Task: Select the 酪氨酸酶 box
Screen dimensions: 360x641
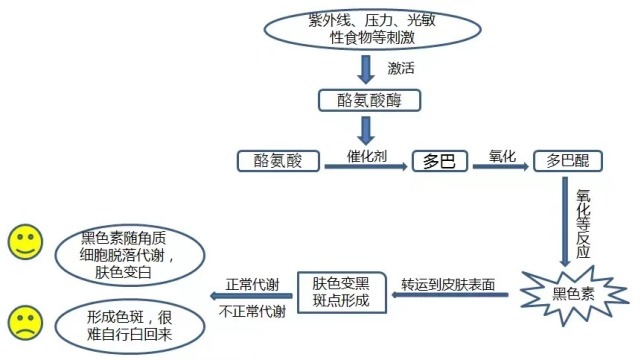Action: click(365, 101)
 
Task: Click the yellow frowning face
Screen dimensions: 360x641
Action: click(24, 323)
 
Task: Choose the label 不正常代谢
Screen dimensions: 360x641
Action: click(252, 311)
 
